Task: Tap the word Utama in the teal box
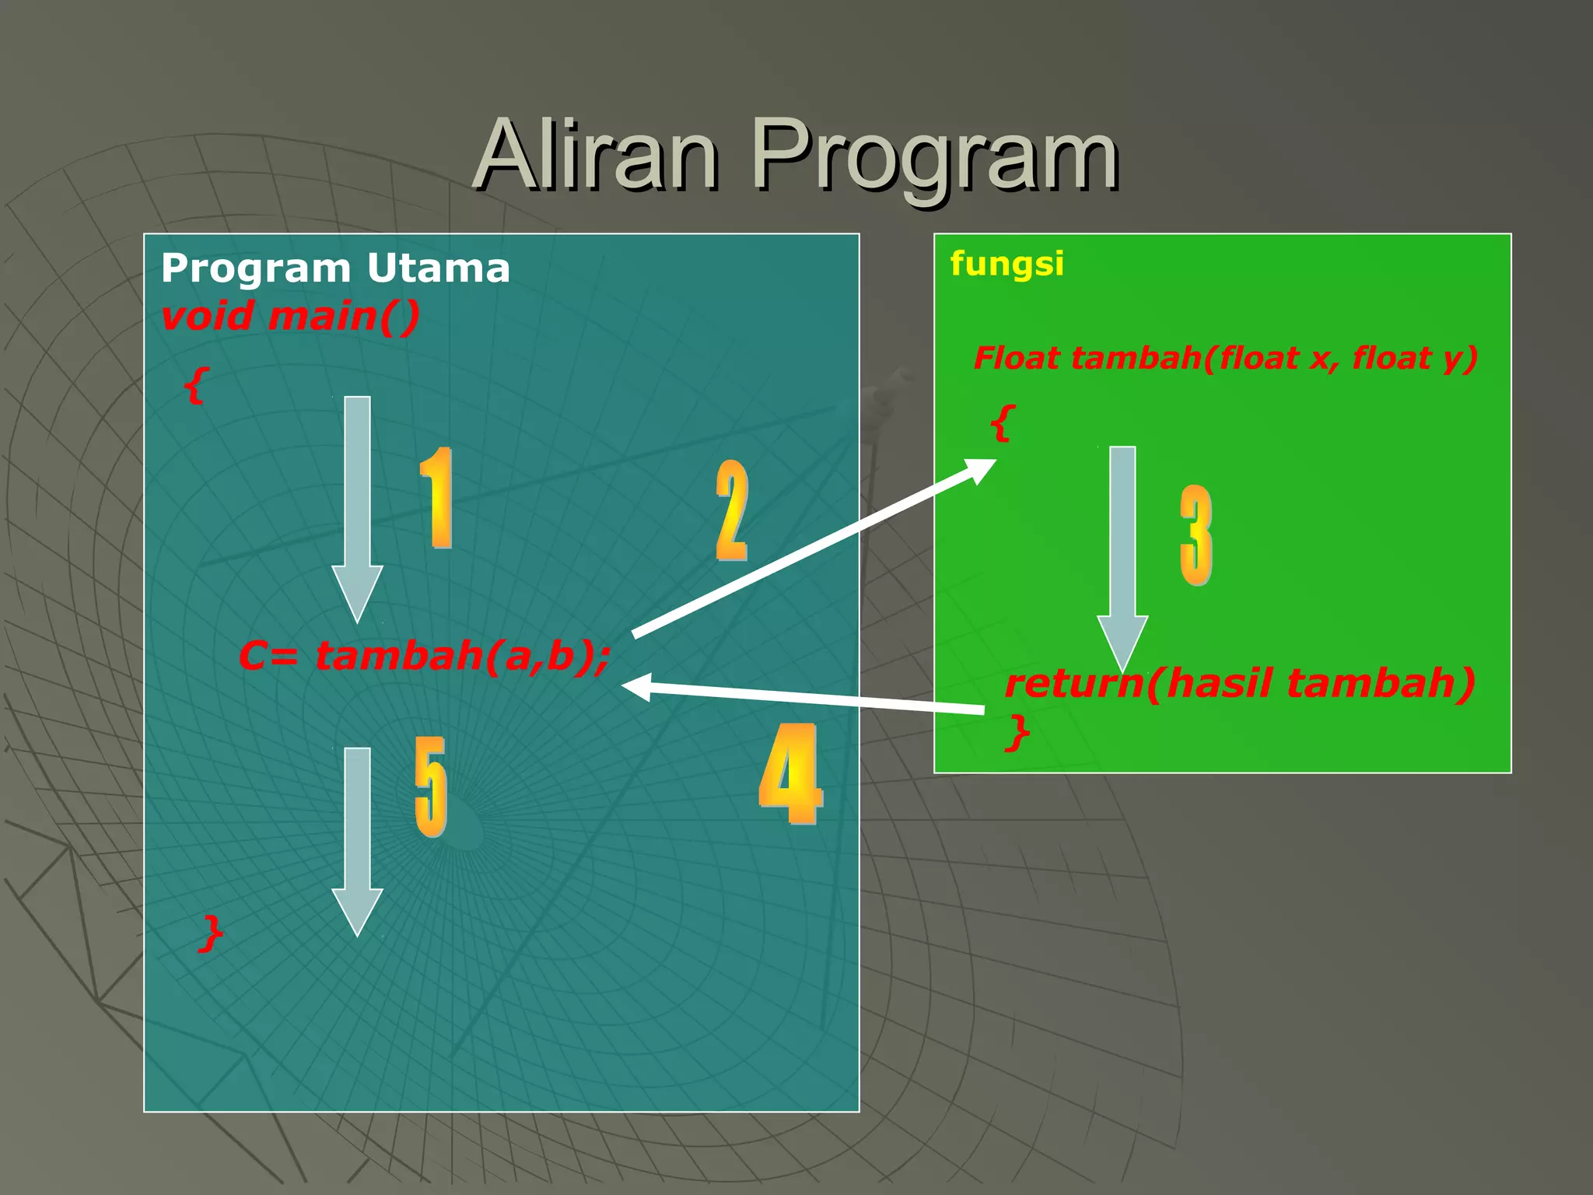coord(438,268)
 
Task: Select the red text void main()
coord(290,317)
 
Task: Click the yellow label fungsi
coord(1007,263)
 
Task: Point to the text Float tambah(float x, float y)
coord(1225,358)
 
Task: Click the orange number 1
coord(437,498)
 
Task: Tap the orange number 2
coord(731,510)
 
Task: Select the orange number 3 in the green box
coord(1196,535)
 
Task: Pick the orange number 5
coord(430,786)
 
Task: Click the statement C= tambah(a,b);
coord(424,655)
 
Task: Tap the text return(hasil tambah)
coord(1239,683)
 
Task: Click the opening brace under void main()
coord(196,385)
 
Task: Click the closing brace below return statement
coord(1017,733)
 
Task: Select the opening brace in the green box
coord(1003,423)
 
